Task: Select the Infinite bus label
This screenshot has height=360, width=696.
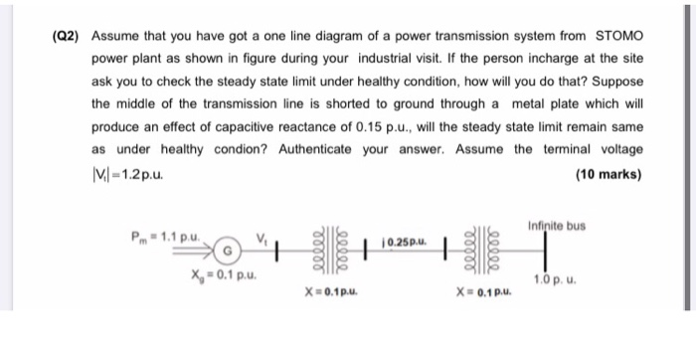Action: [558, 224]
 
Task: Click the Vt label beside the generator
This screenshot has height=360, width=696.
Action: [262, 236]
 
